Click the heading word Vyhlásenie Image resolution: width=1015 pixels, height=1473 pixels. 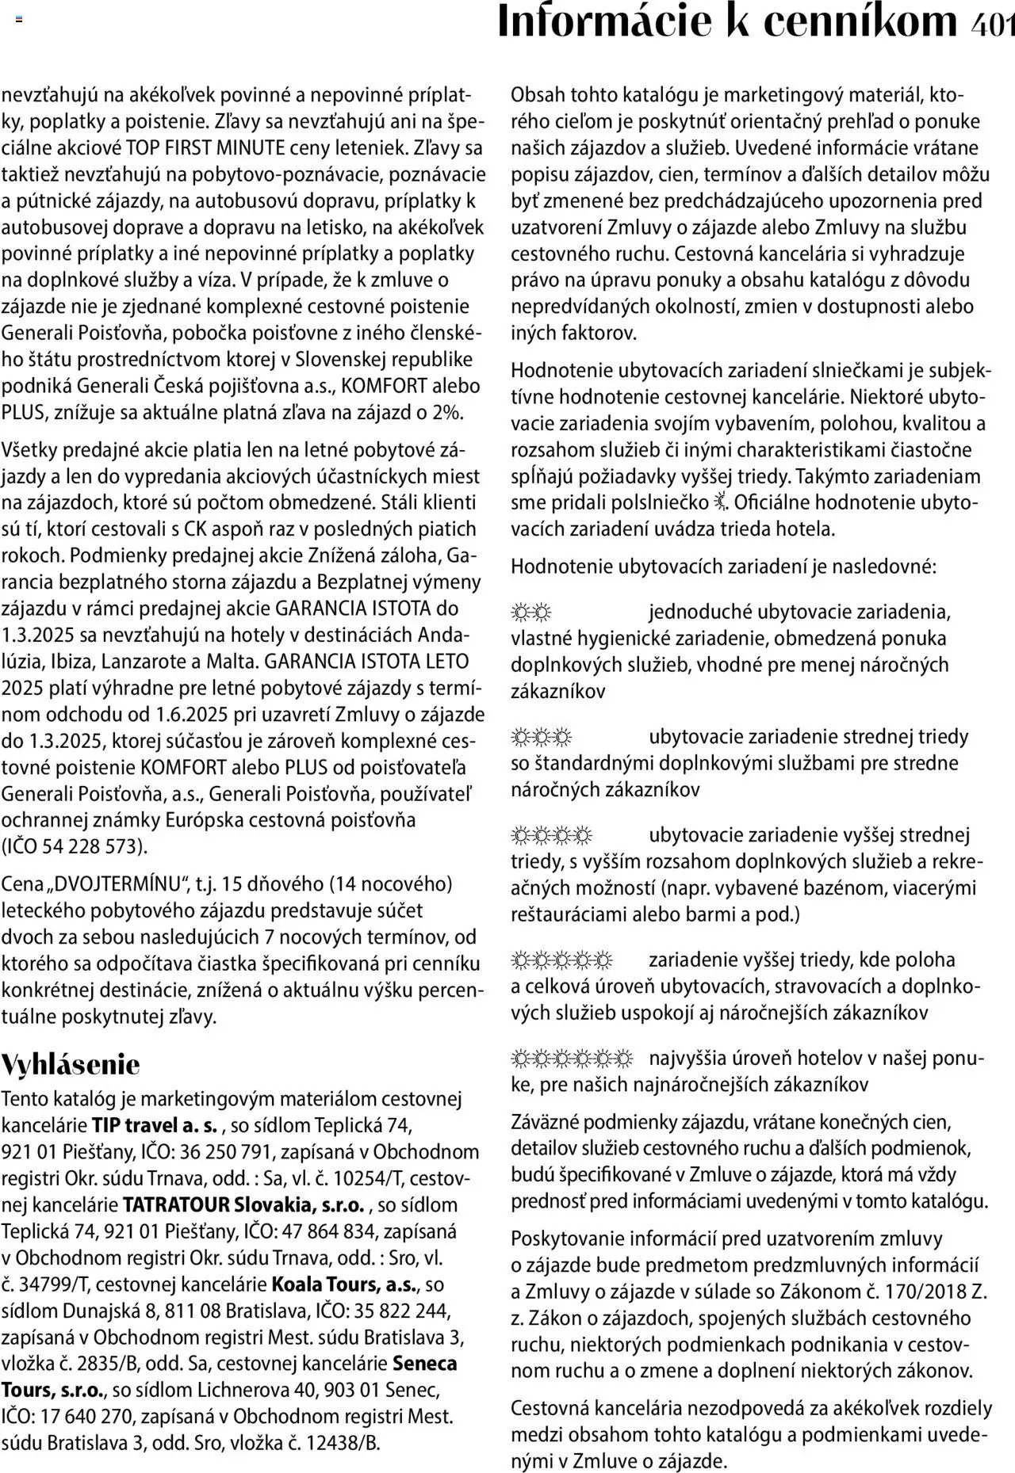pos(71,1064)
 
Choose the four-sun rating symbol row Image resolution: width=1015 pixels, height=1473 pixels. pos(552,835)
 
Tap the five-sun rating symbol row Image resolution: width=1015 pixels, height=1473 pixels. pos(562,960)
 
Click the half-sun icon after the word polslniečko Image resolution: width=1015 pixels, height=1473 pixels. pos(719,502)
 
